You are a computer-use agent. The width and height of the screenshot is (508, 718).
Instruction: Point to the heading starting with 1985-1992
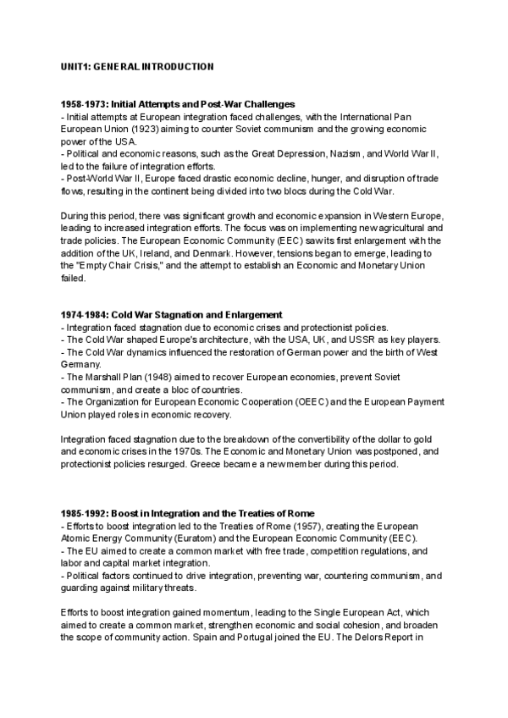pos(188,513)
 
